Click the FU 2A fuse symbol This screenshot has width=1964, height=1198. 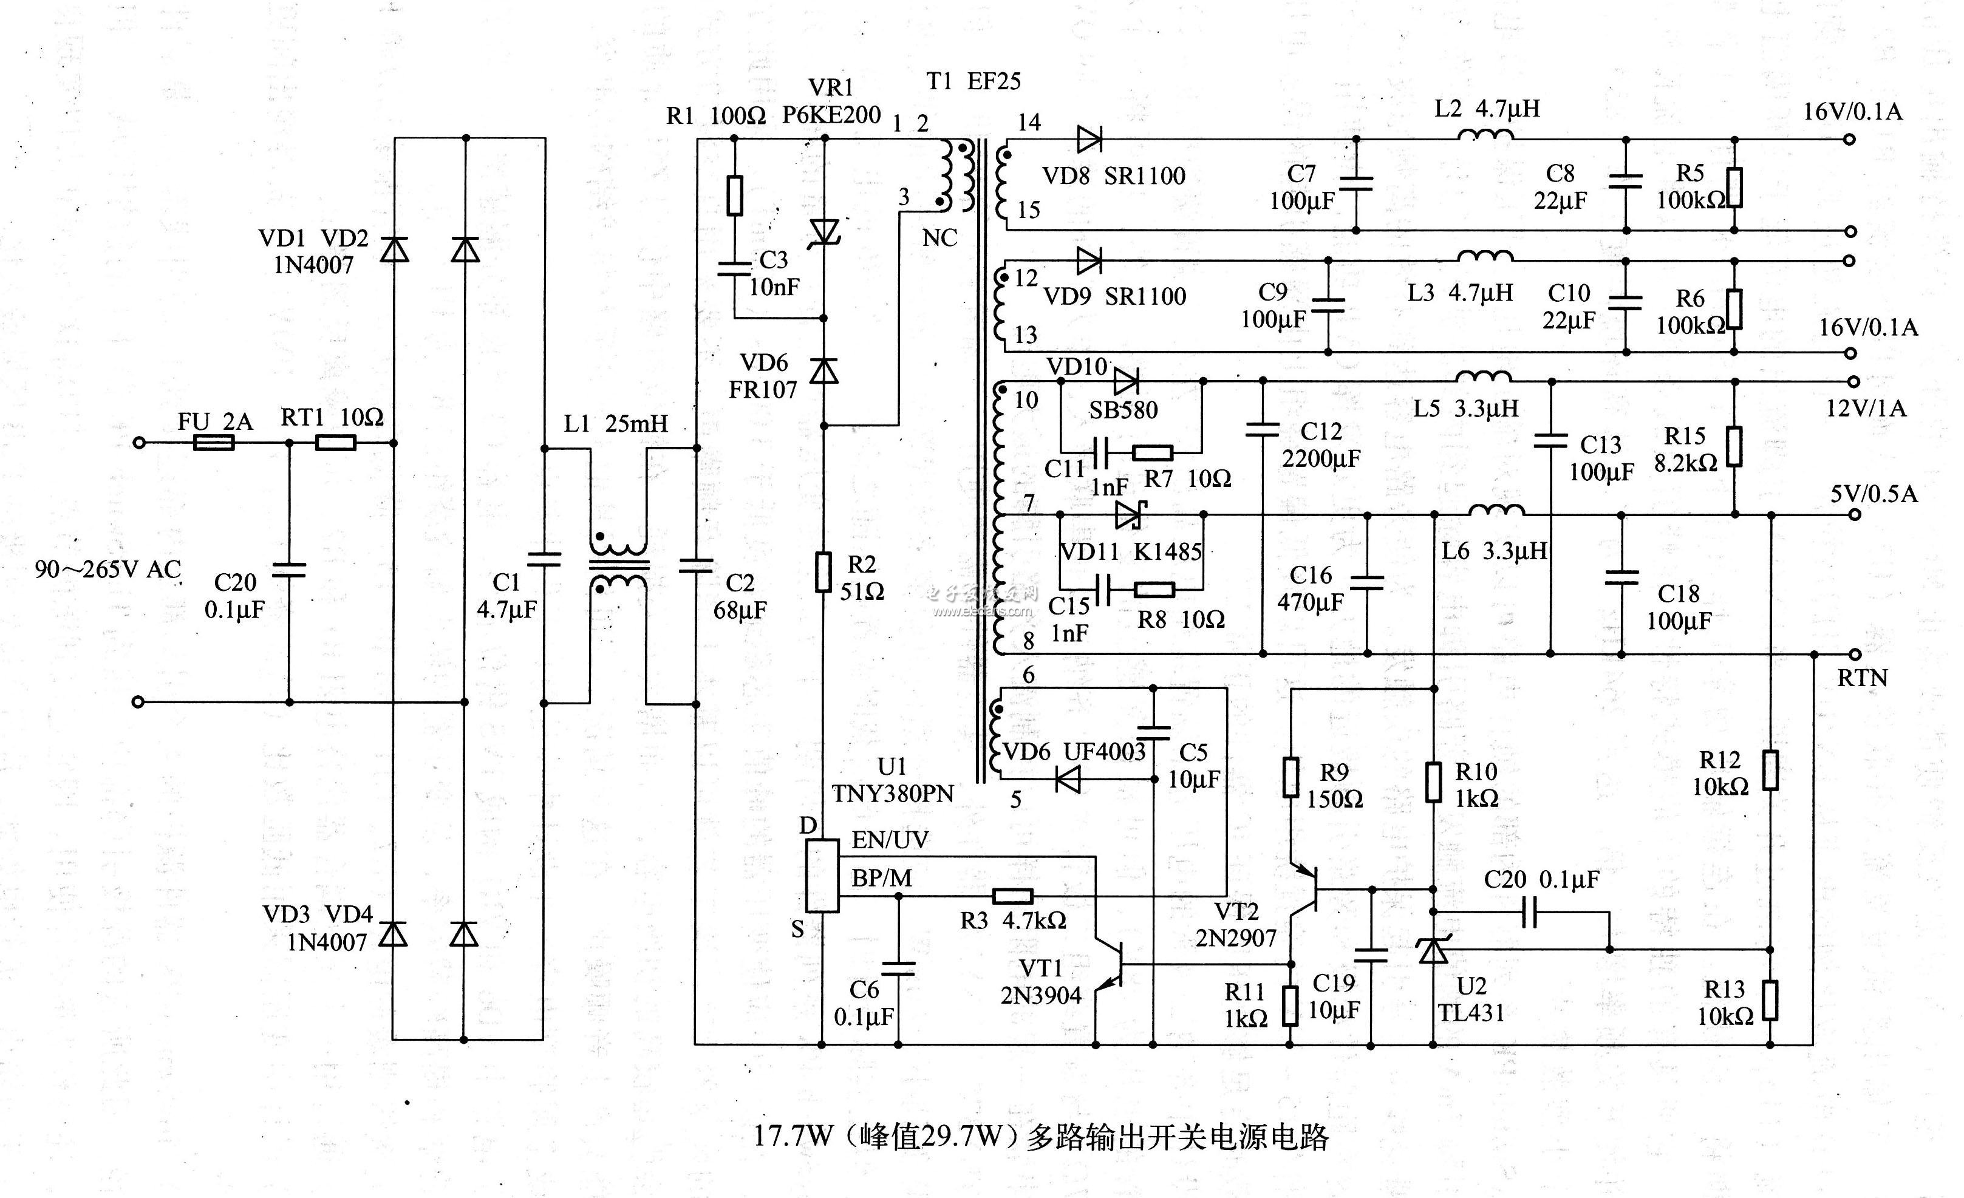(214, 443)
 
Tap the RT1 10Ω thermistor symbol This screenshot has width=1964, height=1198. (336, 443)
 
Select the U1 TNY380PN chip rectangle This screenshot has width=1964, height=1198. (822, 875)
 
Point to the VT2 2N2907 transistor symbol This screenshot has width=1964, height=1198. (1304, 889)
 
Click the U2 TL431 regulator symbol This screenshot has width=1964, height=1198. (1433, 950)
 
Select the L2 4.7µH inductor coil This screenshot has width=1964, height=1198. (1485, 135)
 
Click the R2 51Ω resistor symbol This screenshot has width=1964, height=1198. (823, 571)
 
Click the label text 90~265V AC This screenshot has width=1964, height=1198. (107, 569)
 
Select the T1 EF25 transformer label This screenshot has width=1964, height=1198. (973, 81)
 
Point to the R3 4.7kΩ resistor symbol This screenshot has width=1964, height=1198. (1012, 896)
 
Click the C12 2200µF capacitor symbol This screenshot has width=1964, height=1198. (1263, 431)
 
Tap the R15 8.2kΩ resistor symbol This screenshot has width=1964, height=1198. (1734, 446)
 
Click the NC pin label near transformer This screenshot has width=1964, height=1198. (939, 237)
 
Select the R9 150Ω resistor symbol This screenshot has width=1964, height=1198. (1291, 777)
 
